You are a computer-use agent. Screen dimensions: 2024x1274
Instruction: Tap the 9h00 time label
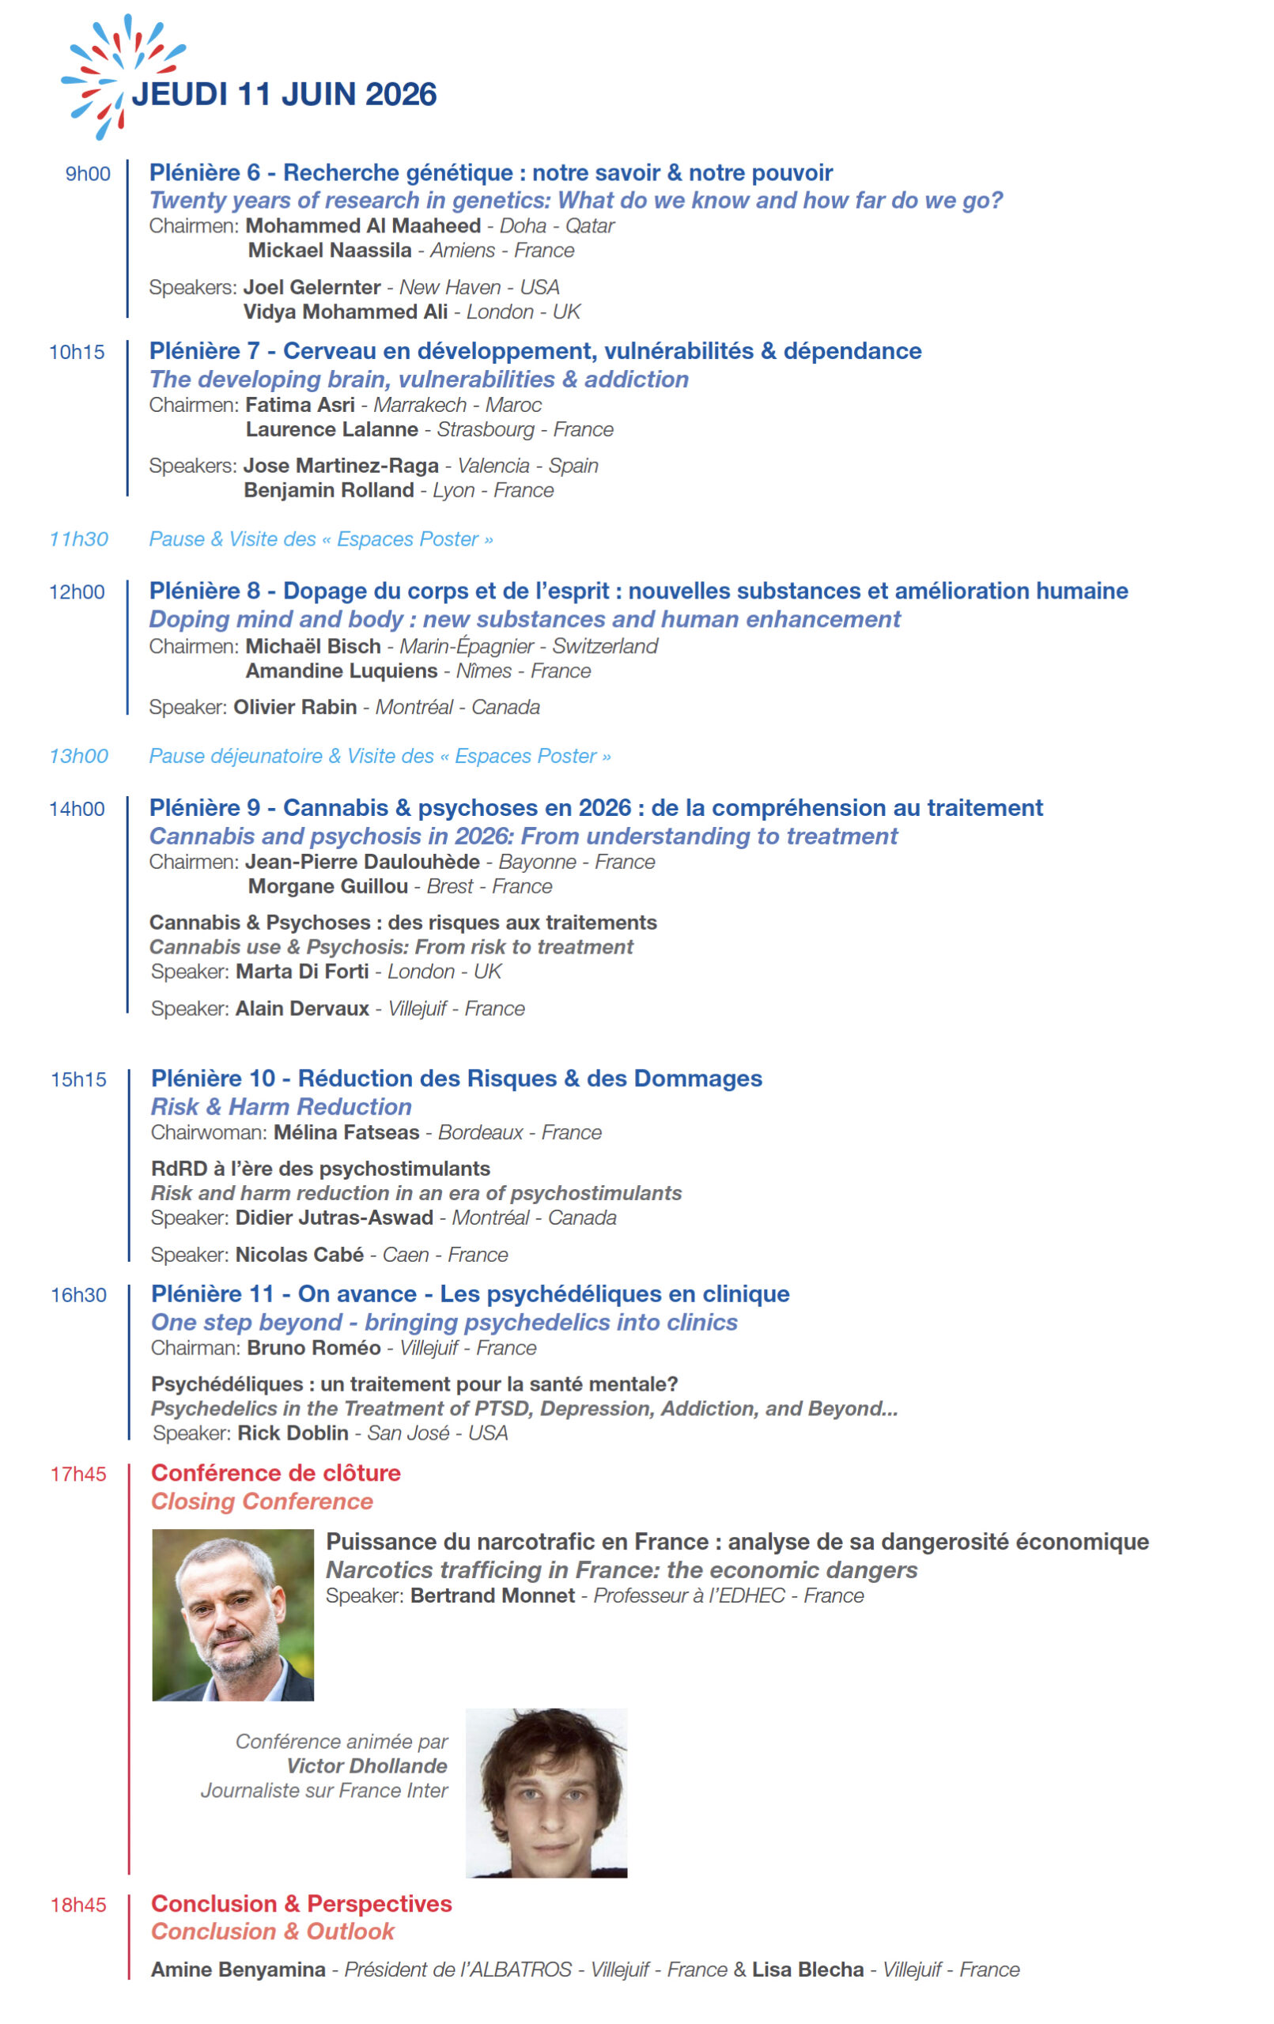coord(88,174)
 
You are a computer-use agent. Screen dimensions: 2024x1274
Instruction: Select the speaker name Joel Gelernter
coord(311,288)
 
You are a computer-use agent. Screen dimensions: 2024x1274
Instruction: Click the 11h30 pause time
coord(78,538)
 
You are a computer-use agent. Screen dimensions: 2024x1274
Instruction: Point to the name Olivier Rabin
coord(294,707)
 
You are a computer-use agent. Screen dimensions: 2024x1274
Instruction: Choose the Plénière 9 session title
coord(595,808)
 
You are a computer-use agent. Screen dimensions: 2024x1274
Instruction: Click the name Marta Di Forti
coord(302,972)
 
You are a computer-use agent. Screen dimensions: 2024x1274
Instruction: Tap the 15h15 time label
coord(78,1079)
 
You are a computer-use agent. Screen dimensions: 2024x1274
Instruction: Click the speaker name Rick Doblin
coord(293,1433)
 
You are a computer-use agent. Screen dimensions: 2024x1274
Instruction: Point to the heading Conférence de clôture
coord(275,1474)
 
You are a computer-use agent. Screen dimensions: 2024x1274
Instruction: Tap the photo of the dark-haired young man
coord(546,1793)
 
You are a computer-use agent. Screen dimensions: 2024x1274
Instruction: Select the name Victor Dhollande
coord(367,1766)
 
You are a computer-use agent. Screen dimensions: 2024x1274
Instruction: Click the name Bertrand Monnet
coord(492,1595)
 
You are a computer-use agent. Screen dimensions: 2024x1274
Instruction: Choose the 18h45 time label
coord(78,1905)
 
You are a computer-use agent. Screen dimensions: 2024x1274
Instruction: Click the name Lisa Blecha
coord(807,1969)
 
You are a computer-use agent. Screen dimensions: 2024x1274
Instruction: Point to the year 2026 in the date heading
coord(400,94)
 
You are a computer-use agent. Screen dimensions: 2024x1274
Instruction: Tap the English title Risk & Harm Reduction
coord(281,1107)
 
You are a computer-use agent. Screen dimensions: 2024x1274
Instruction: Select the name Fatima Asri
coord(300,405)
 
